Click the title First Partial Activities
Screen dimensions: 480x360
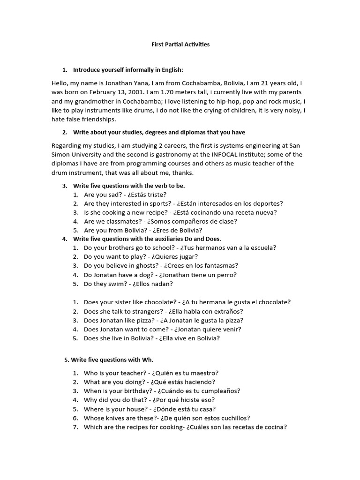[x=180, y=45]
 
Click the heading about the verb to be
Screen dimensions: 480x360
[x=129, y=186]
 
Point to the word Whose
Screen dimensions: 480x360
[x=93, y=418]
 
